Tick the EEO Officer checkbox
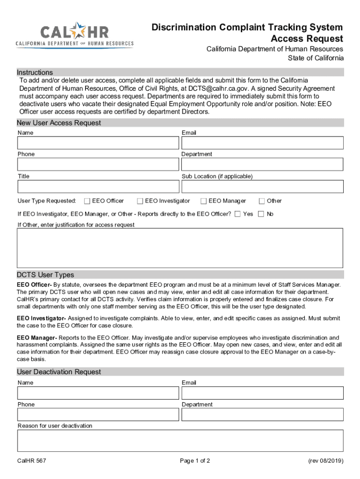(x=87, y=201)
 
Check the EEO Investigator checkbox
(x=140, y=201)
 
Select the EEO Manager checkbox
(x=203, y=201)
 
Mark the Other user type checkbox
(x=262, y=201)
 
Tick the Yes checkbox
(x=238, y=214)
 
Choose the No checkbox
(x=261, y=214)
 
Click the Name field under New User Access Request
(x=98, y=143)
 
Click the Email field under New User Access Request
(x=262, y=143)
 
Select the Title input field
(x=98, y=187)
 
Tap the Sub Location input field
(x=262, y=187)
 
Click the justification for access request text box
(x=180, y=248)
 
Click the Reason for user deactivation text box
(x=180, y=441)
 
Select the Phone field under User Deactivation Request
(x=98, y=414)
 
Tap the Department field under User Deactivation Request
(x=262, y=414)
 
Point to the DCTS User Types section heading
(x=45, y=275)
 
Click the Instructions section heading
(x=35, y=72)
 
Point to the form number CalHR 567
(x=32, y=461)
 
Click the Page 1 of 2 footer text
(x=195, y=461)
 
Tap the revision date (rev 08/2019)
(x=325, y=461)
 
